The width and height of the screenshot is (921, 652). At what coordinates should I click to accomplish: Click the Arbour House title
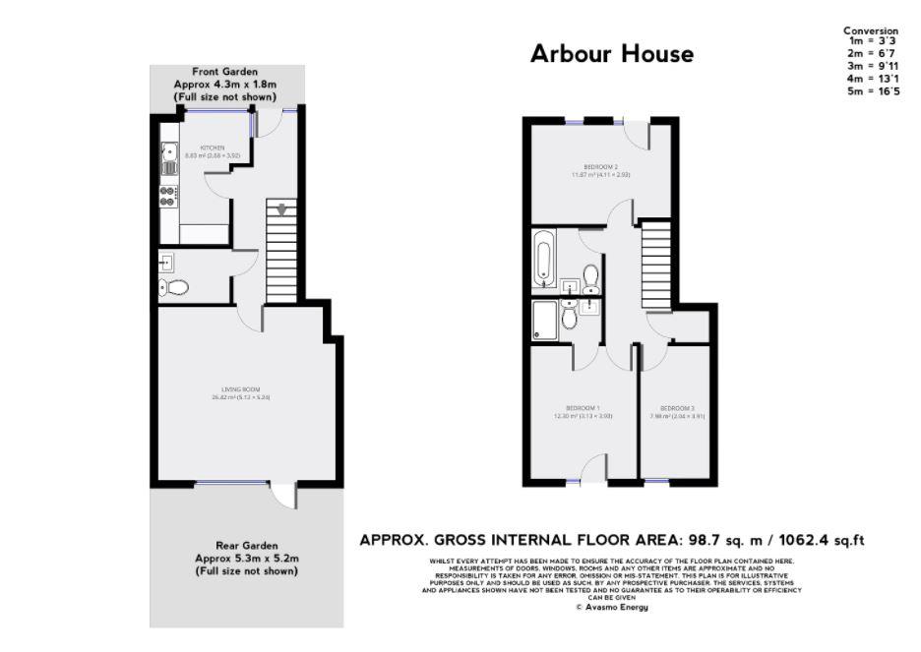pos(611,53)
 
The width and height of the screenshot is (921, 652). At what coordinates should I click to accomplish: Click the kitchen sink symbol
pos(168,152)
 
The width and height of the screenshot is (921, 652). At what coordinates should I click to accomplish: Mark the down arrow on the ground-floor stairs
pos(282,208)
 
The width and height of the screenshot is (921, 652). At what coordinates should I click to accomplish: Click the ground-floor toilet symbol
pos(174,288)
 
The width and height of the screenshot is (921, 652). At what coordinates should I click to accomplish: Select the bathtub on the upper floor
pos(542,259)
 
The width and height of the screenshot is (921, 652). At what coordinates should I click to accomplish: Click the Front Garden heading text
pos(225,72)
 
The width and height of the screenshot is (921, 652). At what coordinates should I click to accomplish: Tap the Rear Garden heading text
pos(246,545)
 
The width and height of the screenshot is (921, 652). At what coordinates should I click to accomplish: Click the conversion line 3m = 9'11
pos(870,69)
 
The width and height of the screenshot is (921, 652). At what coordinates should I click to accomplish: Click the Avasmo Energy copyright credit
pos(611,608)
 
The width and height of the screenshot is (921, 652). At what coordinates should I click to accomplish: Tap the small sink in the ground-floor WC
pos(165,262)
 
